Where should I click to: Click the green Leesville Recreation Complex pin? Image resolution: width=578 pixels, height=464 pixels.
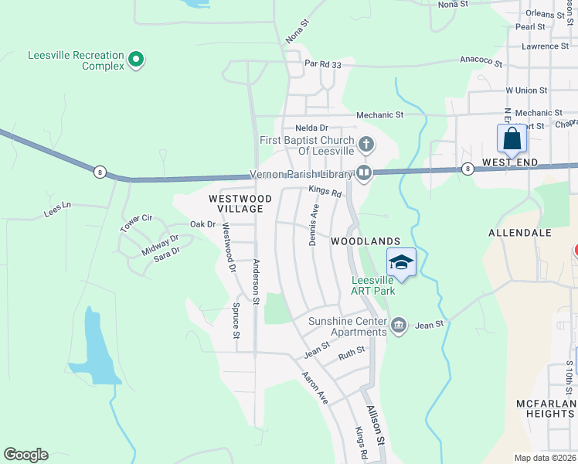click(x=136, y=59)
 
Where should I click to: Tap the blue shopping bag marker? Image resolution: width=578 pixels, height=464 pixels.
click(x=512, y=140)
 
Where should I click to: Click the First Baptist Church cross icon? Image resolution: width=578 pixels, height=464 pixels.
click(x=367, y=144)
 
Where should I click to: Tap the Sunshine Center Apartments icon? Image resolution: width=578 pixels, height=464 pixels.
click(x=398, y=326)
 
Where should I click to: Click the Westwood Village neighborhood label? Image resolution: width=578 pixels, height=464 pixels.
click(x=240, y=204)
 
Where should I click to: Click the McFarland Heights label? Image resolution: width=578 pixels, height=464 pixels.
click(x=546, y=408)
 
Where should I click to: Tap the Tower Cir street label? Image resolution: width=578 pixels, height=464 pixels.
click(x=136, y=223)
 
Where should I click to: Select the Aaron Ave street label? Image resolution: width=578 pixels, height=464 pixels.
click(x=315, y=387)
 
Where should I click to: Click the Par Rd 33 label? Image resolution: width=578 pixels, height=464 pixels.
click(x=323, y=64)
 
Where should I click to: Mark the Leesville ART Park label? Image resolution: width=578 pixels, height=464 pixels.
click(x=373, y=285)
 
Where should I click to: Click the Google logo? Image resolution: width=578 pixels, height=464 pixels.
click(x=25, y=455)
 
